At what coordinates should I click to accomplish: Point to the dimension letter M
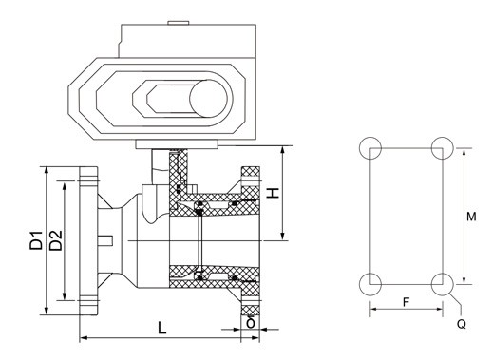pyautogui.click(x=472, y=217)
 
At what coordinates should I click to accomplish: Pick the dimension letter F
pyautogui.click(x=406, y=300)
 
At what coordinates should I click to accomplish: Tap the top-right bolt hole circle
pyautogui.click(x=442, y=148)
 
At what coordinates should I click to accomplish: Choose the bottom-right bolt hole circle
pyautogui.click(x=442, y=283)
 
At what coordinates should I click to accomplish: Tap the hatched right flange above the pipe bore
pyautogui.click(x=250, y=189)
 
